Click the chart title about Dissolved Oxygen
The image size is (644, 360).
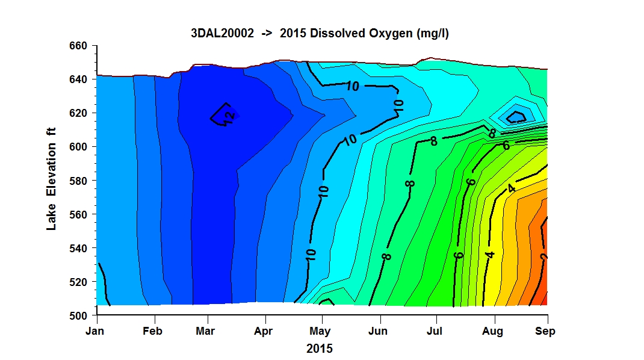pos(320,33)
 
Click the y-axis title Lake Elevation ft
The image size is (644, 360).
pos(51,179)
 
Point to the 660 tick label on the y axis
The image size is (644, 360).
pos(78,46)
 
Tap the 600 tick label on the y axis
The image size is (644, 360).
pos(78,147)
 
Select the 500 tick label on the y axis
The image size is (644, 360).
pos(78,315)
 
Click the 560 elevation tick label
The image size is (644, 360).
pos(78,214)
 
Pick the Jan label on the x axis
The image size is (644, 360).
pos(95,331)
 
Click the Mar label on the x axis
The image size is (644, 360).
pos(205,331)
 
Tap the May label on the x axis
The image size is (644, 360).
pos(320,332)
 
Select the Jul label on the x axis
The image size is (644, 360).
pos(435,331)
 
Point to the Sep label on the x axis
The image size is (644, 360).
pos(545,332)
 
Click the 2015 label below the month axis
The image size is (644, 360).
pos(320,349)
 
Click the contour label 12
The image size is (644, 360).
pos(229,117)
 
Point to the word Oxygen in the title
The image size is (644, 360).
pos(391,34)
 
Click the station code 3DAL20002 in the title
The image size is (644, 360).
pos(222,33)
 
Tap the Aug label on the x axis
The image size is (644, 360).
pos(492,332)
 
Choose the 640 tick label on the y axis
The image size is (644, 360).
pos(78,79)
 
